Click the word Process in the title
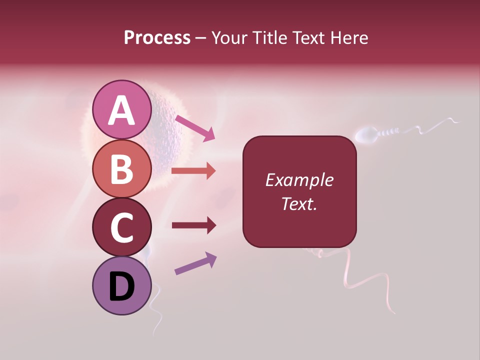coord(157,38)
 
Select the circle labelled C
coord(122,227)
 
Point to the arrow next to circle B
coord(193,171)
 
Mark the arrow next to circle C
coord(193,225)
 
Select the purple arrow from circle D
coord(195,263)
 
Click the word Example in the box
coord(299,180)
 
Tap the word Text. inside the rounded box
coord(299,203)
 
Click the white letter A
coord(122,110)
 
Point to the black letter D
coord(122,286)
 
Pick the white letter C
coord(122,228)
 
